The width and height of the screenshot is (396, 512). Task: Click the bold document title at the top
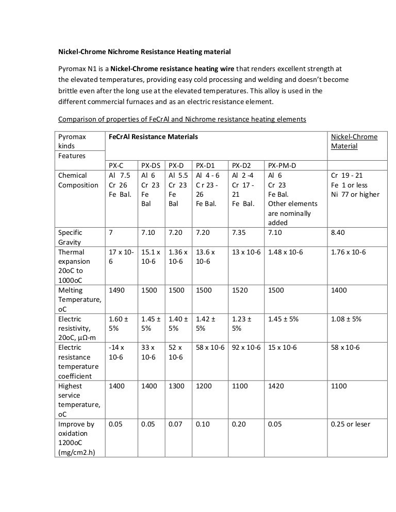click(x=144, y=52)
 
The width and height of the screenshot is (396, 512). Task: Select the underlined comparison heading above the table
click(x=181, y=119)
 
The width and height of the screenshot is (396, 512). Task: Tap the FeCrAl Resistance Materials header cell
click(x=153, y=137)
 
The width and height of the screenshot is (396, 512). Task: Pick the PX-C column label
click(x=116, y=165)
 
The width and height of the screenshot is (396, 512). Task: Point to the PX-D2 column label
click(x=241, y=165)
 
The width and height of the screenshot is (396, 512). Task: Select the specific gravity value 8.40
click(x=339, y=233)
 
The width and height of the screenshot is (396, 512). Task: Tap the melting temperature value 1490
click(x=117, y=291)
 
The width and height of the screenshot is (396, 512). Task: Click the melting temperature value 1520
click(x=240, y=291)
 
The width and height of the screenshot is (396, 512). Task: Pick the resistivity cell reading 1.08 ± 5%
click(x=346, y=319)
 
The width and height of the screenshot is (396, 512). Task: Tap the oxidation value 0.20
click(x=239, y=424)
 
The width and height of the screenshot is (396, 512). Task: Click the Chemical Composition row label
click(x=78, y=180)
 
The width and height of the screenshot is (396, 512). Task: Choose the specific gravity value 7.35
click(x=239, y=233)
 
